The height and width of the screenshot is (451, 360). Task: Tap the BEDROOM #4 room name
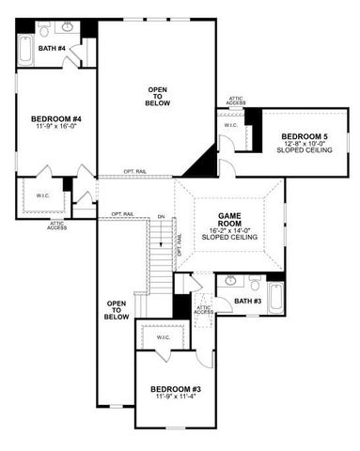(x=55, y=118)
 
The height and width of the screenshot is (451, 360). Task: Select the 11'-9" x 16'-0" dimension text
(x=55, y=127)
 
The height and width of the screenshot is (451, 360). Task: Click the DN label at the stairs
(x=162, y=218)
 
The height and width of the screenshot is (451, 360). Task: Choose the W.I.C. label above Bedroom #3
(x=163, y=336)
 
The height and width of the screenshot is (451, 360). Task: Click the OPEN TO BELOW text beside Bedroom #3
(x=117, y=310)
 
